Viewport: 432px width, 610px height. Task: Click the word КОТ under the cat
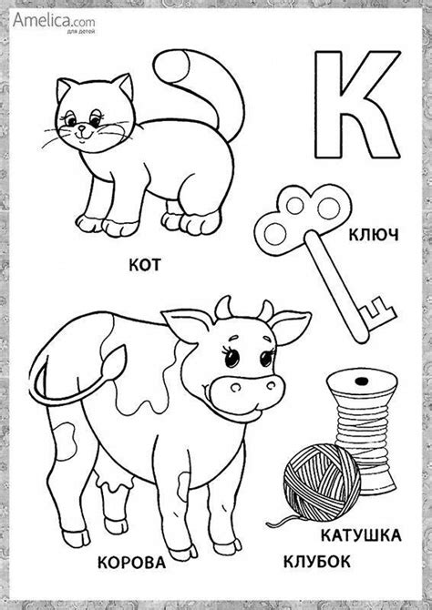coord(145,265)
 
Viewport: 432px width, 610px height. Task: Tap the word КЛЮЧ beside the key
coord(374,235)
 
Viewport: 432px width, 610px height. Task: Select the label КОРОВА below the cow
coord(131,563)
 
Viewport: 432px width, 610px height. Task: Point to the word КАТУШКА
coord(361,535)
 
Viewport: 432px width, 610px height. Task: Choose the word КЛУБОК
coord(316,562)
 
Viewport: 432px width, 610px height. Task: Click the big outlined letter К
coord(357,105)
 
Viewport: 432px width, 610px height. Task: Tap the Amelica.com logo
coord(54,22)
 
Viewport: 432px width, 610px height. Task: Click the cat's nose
coord(81,127)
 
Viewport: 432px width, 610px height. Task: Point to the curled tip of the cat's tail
coord(171,66)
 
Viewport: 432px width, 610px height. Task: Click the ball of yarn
coord(322,483)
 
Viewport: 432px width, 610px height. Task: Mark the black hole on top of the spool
coord(362,380)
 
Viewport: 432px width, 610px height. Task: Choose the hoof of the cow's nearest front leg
coord(183,552)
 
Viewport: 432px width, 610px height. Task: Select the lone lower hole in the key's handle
coord(273,234)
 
